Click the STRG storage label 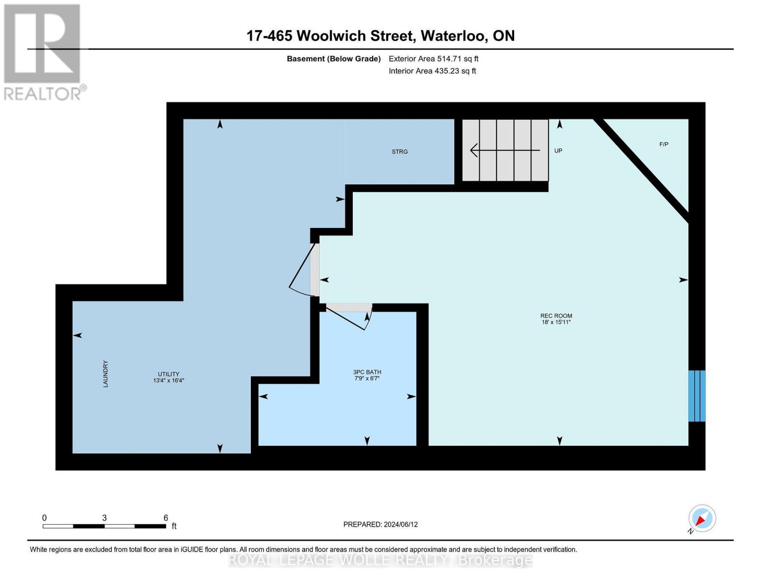pyautogui.click(x=399, y=152)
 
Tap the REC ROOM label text pyautogui.click(x=556, y=316)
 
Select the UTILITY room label pyautogui.click(x=168, y=374)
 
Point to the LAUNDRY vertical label pyautogui.click(x=105, y=374)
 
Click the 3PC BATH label pyautogui.click(x=367, y=372)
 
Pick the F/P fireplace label pyautogui.click(x=663, y=145)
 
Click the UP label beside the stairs pyautogui.click(x=558, y=151)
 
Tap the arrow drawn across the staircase pyautogui.click(x=505, y=150)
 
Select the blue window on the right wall pyautogui.click(x=696, y=396)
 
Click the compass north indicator pyautogui.click(x=702, y=518)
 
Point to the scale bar pyautogui.click(x=104, y=526)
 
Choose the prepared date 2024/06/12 pyautogui.click(x=380, y=524)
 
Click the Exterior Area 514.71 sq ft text pyautogui.click(x=433, y=59)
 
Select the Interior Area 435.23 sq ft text pyautogui.click(x=432, y=71)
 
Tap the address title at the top pyautogui.click(x=380, y=36)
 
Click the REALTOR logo pyautogui.click(x=43, y=51)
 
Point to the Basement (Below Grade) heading pyautogui.click(x=333, y=59)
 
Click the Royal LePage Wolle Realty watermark pyautogui.click(x=380, y=560)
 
